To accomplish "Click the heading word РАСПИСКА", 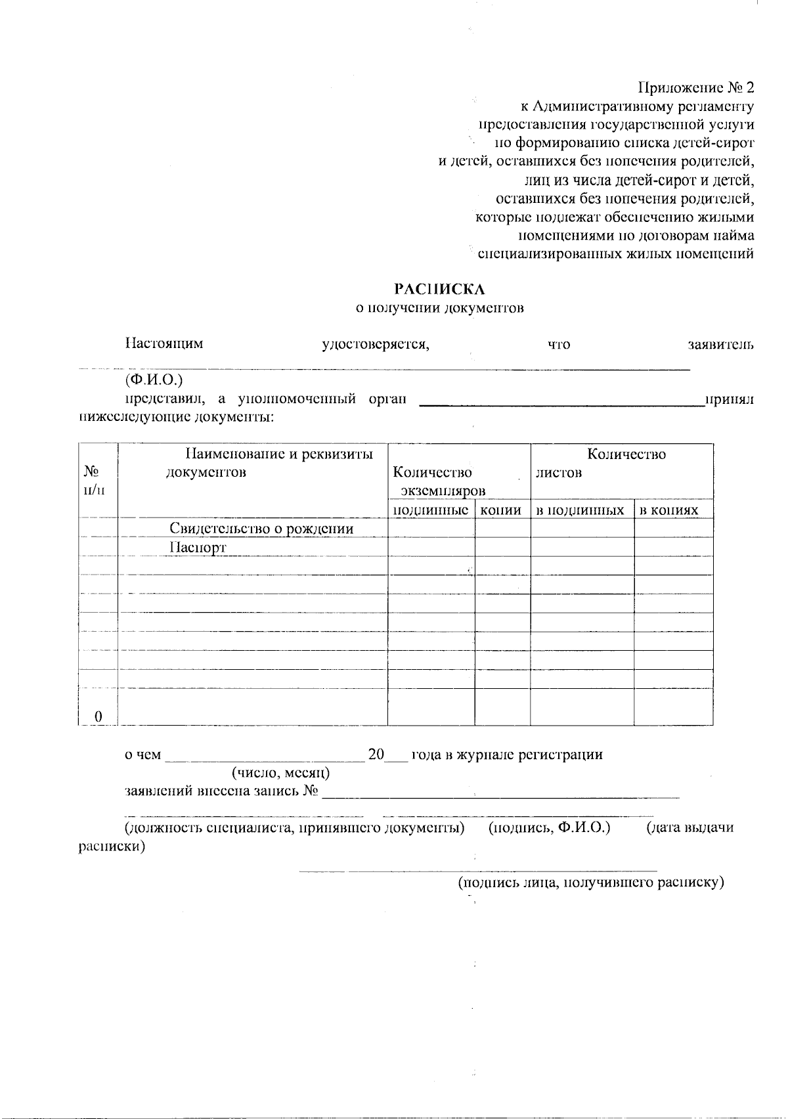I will click(x=439, y=289).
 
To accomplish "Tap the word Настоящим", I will click(x=164, y=343).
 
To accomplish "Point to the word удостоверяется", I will click(x=375, y=344).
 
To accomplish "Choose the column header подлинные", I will click(x=431, y=510).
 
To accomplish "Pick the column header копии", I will click(x=502, y=510).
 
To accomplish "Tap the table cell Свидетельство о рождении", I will click(x=261, y=529).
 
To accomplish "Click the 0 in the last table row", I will click(x=98, y=716).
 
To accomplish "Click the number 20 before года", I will click(x=376, y=755).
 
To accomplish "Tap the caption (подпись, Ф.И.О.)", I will click(x=550, y=828).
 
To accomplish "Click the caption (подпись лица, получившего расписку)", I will click(x=590, y=883).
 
